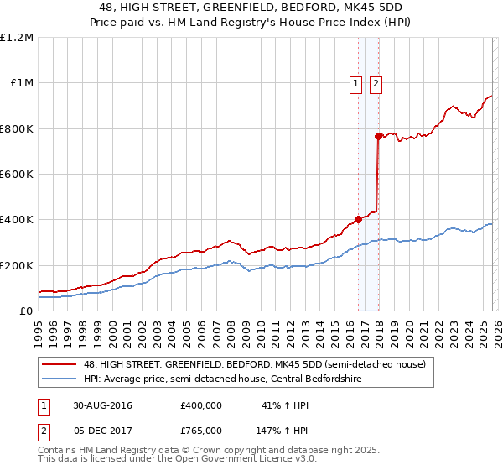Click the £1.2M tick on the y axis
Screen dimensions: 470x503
pyautogui.click(x=17, y=38)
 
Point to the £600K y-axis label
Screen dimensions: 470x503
pyautogui.click(x=17, y=175)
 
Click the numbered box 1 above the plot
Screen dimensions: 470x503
pyautogui.click(x=356, y=83)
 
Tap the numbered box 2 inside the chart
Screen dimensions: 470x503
pyautogui.click(x=376, y=83)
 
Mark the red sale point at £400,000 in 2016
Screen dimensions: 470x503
pyautogui.click(x=359, y=220)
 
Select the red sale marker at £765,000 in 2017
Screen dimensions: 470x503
pyautogui.click(x=378, y=136)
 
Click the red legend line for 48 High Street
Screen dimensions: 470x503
pyautogui.click(x=58, y=364)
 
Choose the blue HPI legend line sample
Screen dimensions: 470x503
pyautogui.click(x=58, y=378)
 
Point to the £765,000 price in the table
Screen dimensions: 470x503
pyautogui.click(x=201, y=430)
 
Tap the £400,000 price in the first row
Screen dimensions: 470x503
pyautogui.click(x=201, y=405)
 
